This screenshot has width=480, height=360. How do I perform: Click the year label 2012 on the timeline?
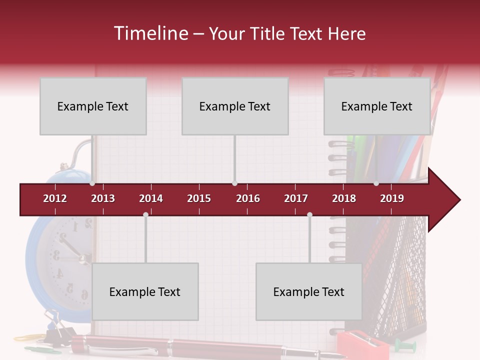pos(55,198)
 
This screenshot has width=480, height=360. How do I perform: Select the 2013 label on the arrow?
pos(103,198)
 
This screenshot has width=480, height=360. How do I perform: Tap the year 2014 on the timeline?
pos(151,198)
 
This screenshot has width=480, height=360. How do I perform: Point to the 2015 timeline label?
pos(199,198)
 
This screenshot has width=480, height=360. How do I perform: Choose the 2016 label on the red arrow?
pos(248,198)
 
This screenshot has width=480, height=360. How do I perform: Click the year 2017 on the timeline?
pos(296,198)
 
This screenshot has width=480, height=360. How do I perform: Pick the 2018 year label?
pos(344,198)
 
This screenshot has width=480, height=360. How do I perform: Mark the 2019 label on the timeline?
pos(392,198)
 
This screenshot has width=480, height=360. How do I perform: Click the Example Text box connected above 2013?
pos(93,106)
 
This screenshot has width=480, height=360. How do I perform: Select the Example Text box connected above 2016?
pos(235,106)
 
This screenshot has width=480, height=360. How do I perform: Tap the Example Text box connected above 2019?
pos(377,106)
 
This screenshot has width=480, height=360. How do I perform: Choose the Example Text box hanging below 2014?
pos(145,291)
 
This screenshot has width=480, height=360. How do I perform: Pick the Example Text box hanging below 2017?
pos(309,291)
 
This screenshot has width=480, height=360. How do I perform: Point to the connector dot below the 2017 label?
pos(309,214)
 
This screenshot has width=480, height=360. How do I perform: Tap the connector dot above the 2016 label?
pos(234,183)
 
